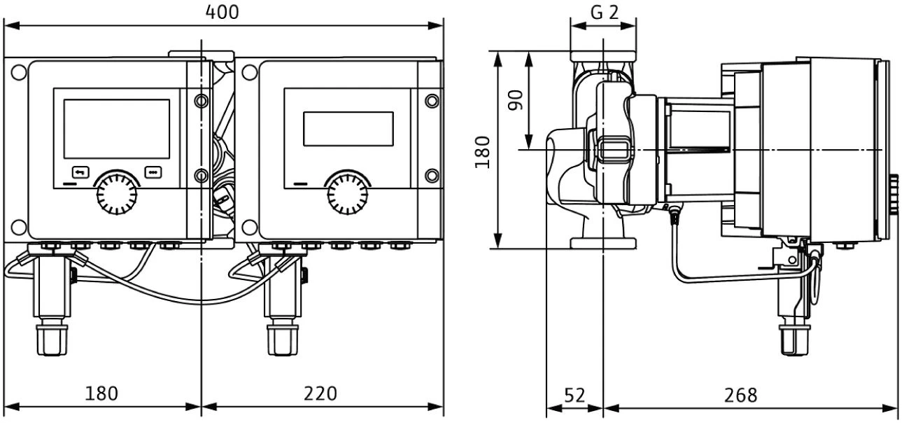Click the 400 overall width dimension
[223, 12]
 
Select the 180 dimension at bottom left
[101, 393]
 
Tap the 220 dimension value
[320, 393]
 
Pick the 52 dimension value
[574, 395]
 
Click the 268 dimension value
[740, 395]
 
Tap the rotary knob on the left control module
[116, 193]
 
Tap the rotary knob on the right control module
[348, 193]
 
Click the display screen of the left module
[117, 128]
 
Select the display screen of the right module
[348, 129]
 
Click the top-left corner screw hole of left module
[19, 71]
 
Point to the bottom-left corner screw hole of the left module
[19, 226]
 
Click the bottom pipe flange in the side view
[603, 243]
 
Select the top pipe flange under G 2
[603, 55]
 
